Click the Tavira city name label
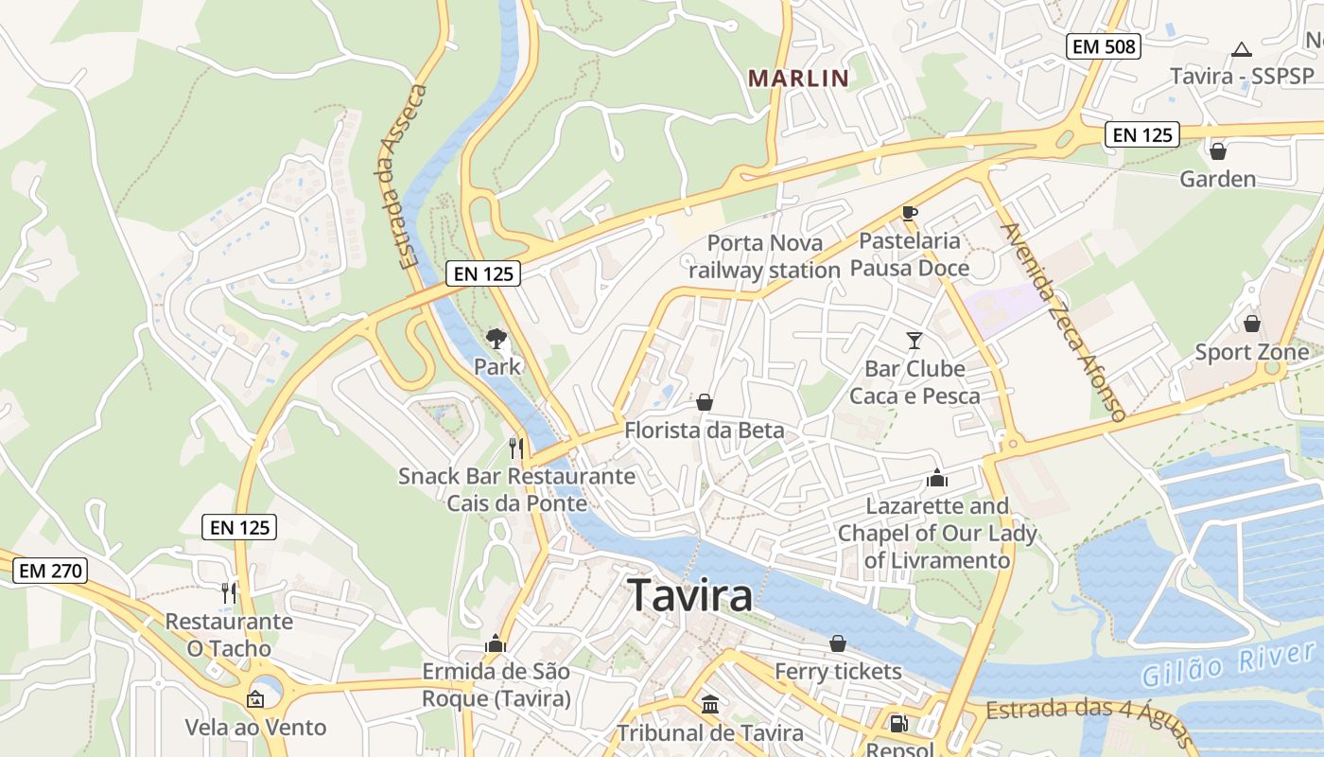[690, 595]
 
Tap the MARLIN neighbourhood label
[798, 79]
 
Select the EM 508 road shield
[1104, 45]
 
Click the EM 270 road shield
[50, 571]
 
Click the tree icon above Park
[496, 338]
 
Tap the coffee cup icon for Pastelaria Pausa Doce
[910, 213]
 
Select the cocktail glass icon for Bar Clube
[914, 340]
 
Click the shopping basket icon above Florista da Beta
[705, 403]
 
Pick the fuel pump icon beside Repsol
[898, 724]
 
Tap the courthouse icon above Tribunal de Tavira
[710, 704]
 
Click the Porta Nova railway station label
[764, 256]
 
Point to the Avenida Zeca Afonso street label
[1064, 322]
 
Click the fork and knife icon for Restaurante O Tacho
[228, 593]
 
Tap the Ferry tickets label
[838, 672]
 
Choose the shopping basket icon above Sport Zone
[1252, 325]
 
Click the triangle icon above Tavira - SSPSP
[1242, 49]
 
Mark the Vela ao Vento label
[255, 728]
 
